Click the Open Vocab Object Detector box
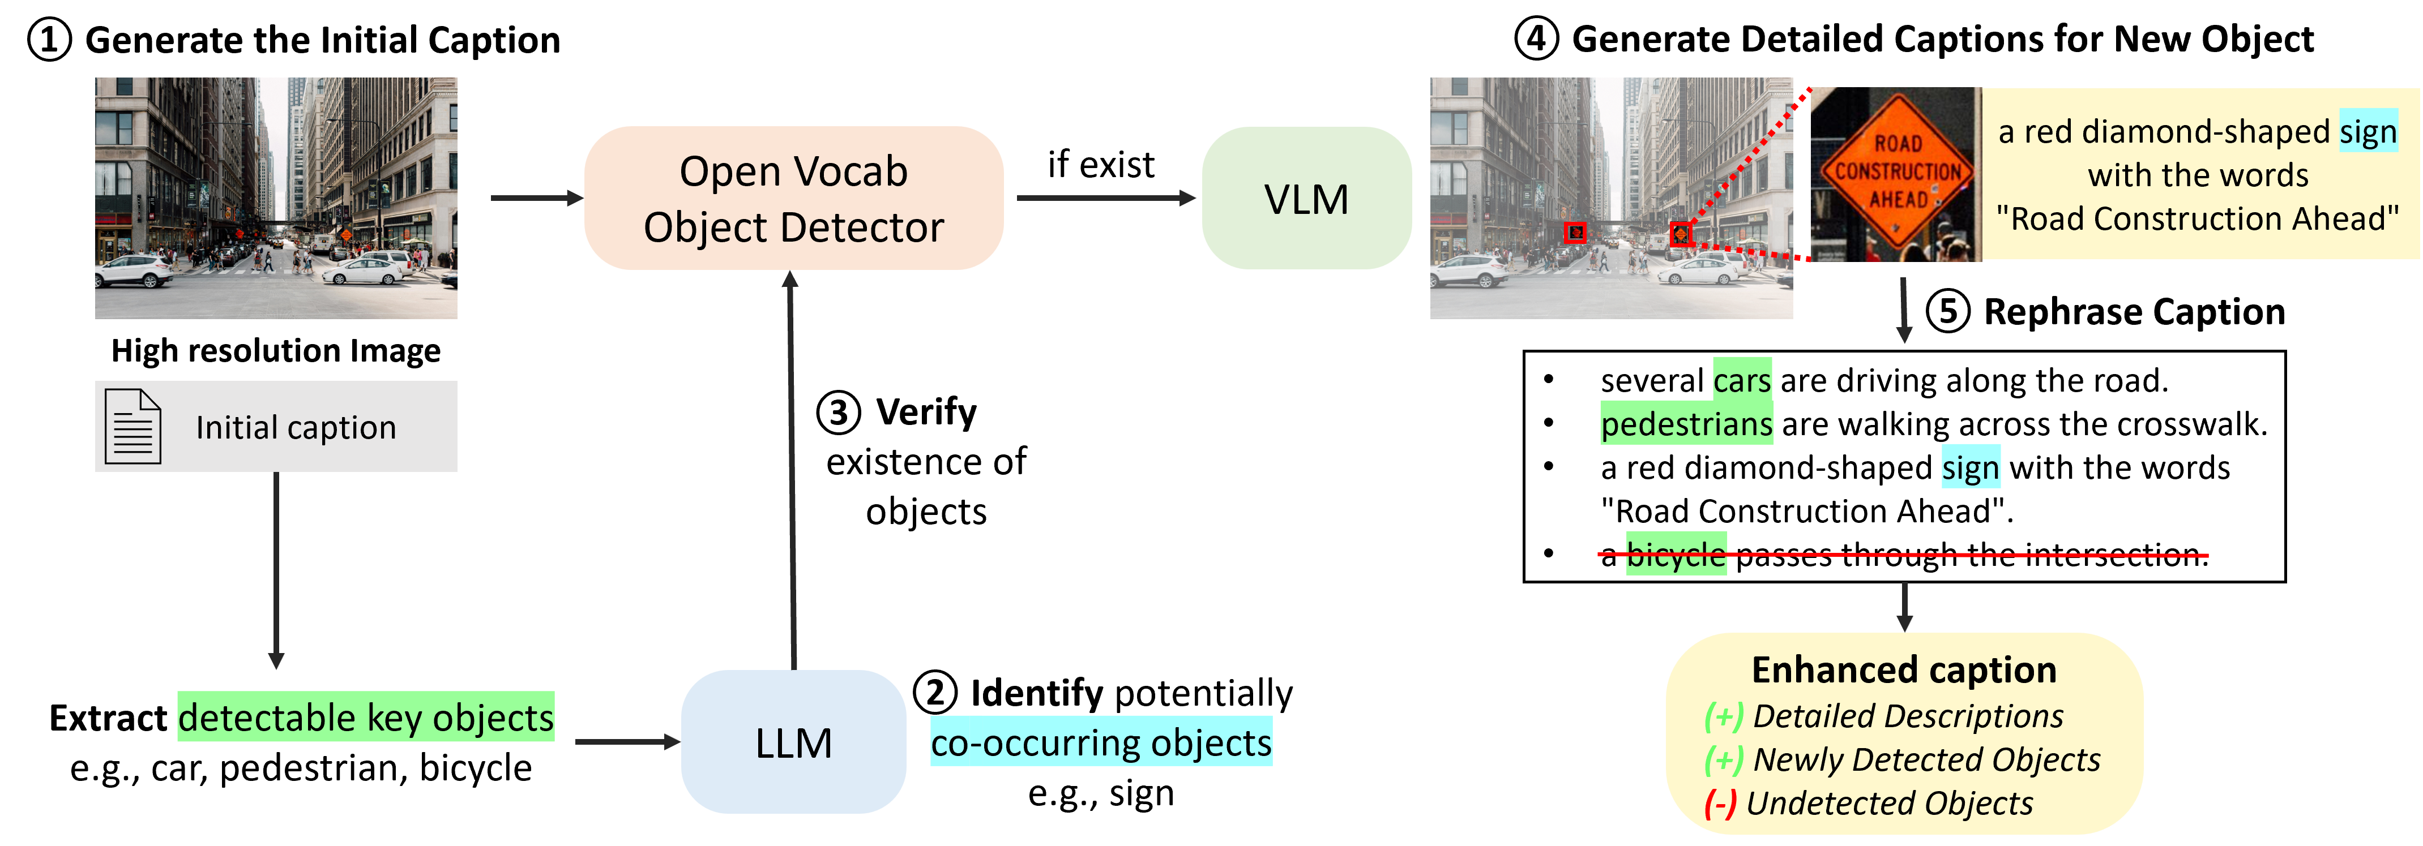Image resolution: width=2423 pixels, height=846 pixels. tap(793, 198)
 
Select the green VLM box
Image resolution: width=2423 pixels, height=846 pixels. tap(1306, 198)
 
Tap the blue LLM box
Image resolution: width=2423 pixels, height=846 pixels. tap(793, 742)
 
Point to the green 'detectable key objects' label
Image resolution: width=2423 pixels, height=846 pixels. tap(366, 717)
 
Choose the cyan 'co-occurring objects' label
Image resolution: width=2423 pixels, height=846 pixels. tap(1100, 742)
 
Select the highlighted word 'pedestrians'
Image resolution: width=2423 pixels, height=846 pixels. tap(1686, 424)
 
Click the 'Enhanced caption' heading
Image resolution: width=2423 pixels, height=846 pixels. tap(1904, 670)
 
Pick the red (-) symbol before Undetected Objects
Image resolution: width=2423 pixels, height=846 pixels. tap(1720, 804)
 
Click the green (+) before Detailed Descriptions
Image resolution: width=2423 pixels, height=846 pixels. tap(1723, 716)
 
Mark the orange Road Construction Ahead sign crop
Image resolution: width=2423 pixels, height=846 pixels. tap(1895, 174)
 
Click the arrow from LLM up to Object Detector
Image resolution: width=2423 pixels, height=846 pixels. tap(792, 470)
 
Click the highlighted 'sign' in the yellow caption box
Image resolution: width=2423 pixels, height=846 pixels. tap(2368, 132)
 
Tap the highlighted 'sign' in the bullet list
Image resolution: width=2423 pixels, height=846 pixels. tap(1971, 467)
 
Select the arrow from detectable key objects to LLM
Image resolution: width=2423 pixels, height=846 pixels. tap(626, 742)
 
